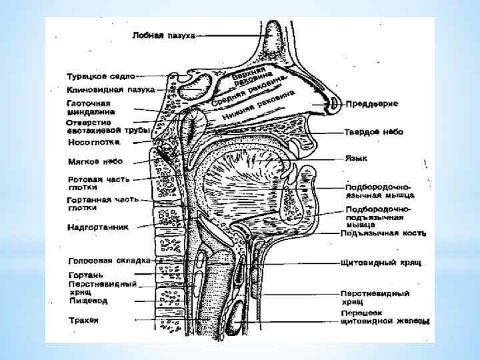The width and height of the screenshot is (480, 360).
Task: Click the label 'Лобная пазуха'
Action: click(163, 35)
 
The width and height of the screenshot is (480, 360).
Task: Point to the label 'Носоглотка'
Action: click(93, 142)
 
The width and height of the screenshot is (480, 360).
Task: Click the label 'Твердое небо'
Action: click(374, 133)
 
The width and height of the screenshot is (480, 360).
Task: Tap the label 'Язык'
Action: click(355, 159)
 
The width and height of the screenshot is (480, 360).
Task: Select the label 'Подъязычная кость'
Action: click(383, 233)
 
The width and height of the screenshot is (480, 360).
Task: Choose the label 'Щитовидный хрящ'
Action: click(382, 262)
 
